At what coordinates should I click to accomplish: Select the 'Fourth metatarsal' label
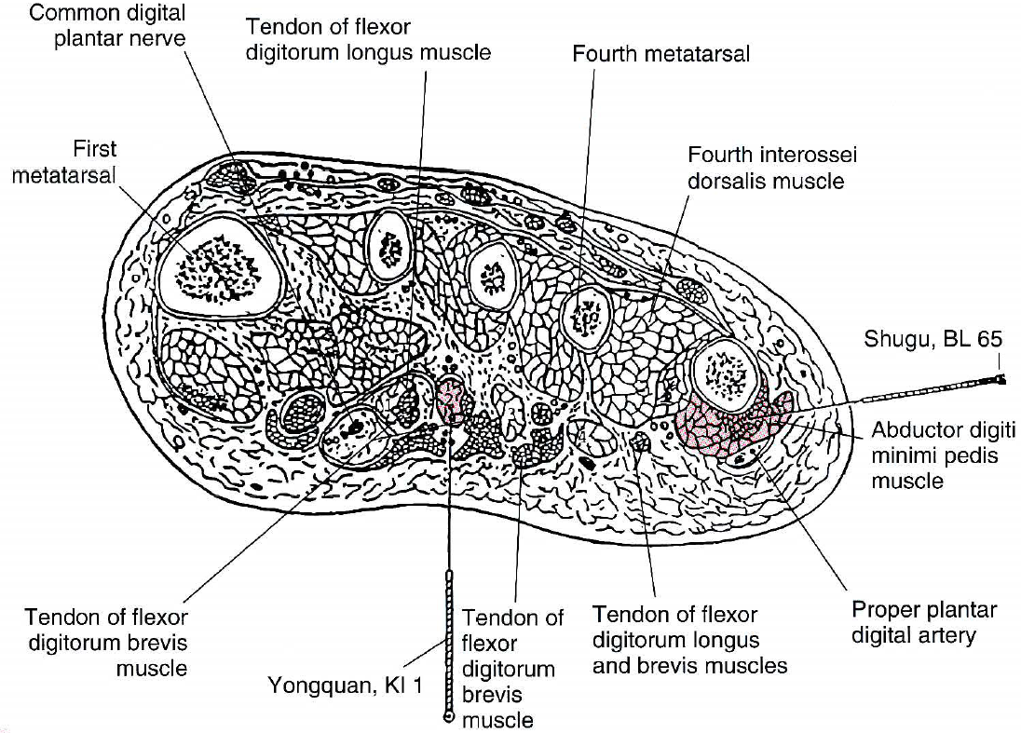tap(660, 54)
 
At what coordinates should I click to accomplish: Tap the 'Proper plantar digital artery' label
tap(924, 623)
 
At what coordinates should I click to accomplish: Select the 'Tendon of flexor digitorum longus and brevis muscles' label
tap(689, 640)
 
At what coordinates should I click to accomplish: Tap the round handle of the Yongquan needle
tap(449, 718)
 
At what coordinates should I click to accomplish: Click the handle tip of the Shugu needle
tap(1001, 379)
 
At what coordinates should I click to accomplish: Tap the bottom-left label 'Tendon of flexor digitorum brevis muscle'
tap(106, 642)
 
